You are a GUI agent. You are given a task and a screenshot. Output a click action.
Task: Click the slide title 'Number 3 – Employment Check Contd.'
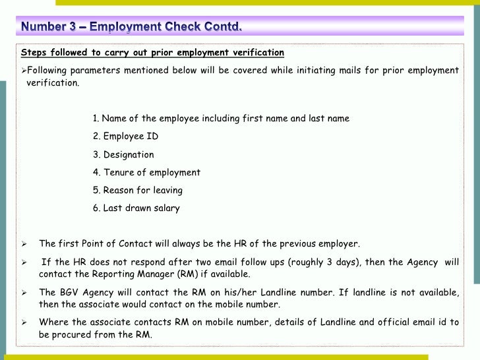point(131,27)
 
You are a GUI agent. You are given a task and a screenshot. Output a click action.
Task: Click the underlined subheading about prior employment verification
point(152,53)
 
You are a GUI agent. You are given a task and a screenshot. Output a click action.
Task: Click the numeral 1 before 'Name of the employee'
point(96,119)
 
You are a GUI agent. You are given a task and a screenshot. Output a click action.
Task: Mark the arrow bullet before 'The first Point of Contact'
point(23,244)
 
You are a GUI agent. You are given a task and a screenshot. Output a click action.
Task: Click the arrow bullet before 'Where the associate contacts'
point(23,322)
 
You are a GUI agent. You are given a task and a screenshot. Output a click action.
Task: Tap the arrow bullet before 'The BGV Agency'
point(23,292)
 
